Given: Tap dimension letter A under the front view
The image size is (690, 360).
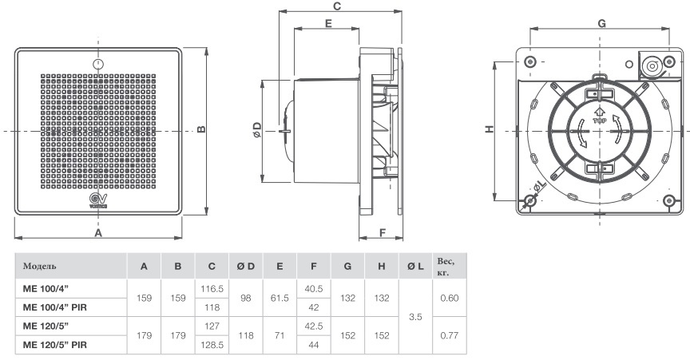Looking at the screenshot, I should tap(98, 233).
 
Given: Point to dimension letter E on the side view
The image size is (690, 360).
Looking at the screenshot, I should tap(328, 25).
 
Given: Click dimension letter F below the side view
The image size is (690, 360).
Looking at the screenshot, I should tap(383, 233).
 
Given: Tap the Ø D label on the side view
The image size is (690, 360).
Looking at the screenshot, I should tap(256, 129).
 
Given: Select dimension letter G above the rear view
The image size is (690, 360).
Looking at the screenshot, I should tap(601, 23).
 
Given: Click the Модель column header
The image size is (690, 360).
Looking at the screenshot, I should tap(40, 266).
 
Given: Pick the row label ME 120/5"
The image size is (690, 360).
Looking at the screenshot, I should tap(47, 324).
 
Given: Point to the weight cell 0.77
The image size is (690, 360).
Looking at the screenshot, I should tap(448, 334).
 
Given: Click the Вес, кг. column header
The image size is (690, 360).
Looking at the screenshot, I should tap(445, 266).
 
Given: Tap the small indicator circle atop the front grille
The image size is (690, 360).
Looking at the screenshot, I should tap(97, 63).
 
